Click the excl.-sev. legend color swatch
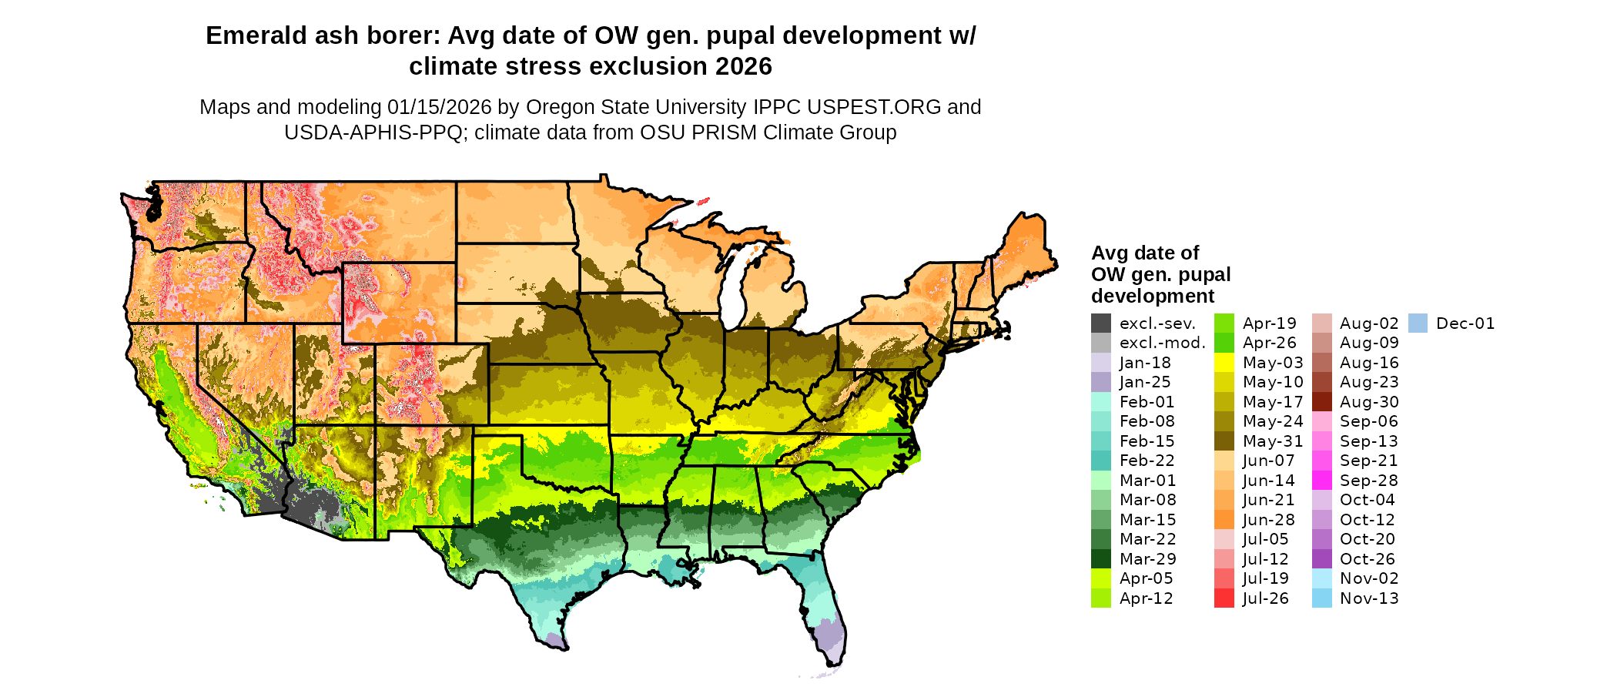pyautogui.click(x=1101, y=323)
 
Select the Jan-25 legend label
pyautogui.click(x=1145, y=382)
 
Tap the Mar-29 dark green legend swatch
pyautogui.click(x=1101, y=559)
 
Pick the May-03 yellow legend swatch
pyautogui.click(x=1224, y=363)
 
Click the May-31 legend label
pyautogui.click(x=1273, y=441)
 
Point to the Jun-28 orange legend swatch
pyautogui.click(x=1224, y=520)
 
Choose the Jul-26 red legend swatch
pyautogui.click(x=1224, y=598)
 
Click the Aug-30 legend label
pyautogui.click(x=1369, y=402)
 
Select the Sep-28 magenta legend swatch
pyautogui.click(x=1322, y=481)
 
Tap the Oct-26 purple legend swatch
pyautogui.click(x=1322, y=559)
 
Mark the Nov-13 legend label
pyautogui.click(x=1369, y=598)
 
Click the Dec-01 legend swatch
pyautogui.click(x=1418, y=323)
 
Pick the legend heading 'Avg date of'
pyautogui.click(x=1145, y=253)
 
